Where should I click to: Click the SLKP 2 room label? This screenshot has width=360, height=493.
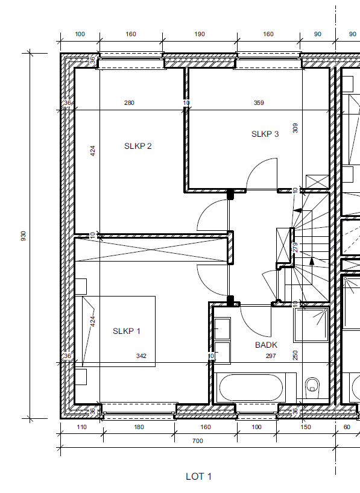(138, 146)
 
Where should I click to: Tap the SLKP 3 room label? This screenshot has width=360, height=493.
(265, 134)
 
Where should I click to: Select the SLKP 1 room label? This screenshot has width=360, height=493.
(127, 331)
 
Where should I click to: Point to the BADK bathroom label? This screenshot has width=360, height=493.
(266, 345)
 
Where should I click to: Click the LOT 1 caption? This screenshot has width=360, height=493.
(198, 477)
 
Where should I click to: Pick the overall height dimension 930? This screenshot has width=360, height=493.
(24, 236)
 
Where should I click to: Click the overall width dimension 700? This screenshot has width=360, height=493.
(198, 441)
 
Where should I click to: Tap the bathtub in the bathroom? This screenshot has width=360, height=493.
(250, 388)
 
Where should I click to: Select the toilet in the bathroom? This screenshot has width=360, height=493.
(312, 386)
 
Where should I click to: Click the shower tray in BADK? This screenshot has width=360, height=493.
(311, 325)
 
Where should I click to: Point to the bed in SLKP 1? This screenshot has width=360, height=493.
(119, 331)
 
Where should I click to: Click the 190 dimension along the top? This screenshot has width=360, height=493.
(200, 34)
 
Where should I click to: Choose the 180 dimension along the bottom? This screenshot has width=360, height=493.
(139, 427)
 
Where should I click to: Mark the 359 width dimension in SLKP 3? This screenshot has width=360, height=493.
(259, 102)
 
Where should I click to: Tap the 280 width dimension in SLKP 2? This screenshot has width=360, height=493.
(129, 102)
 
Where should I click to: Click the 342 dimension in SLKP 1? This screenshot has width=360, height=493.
(141, 356)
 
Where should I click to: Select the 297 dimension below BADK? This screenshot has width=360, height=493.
(271, 356)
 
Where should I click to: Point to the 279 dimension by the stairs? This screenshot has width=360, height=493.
(295, 248)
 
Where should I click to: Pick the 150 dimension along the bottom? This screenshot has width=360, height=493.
(306, 427)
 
